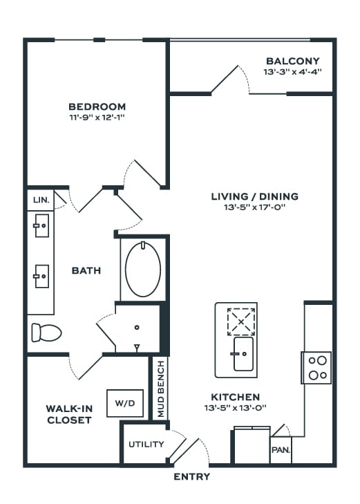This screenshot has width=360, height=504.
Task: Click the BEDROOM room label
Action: click(97, 106)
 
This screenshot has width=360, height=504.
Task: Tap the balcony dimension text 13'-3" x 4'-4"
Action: click(292, 72)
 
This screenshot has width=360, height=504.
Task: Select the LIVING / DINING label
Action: click(255, 196)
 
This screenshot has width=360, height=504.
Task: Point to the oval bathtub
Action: click(143, 270)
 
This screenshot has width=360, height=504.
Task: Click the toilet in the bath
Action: click(46, 333)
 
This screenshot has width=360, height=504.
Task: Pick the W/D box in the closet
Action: click(125, 403)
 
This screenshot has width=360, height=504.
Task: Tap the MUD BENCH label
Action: click(160, 389)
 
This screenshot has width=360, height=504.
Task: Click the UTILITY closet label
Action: click(146, 445)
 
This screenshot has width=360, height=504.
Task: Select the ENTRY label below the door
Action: click(191, 476)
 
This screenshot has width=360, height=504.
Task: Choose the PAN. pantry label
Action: click(281, 449)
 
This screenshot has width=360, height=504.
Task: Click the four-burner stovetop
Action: click(316, 368)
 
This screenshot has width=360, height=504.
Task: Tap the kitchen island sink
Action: click(243, 354)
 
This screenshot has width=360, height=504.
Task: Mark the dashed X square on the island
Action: click(241, 321)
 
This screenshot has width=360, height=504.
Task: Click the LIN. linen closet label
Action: click(41, 200)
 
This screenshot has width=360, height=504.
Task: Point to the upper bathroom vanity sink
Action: click(41, 225)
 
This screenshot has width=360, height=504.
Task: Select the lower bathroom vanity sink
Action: click(41, 276)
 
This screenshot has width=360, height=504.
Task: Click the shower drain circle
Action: click(137, 327)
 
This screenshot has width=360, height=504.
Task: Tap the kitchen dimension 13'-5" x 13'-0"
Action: click(236, 408)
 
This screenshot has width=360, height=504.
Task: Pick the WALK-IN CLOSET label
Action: click(69, 414)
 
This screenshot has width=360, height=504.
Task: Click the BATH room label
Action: click(86, 270)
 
